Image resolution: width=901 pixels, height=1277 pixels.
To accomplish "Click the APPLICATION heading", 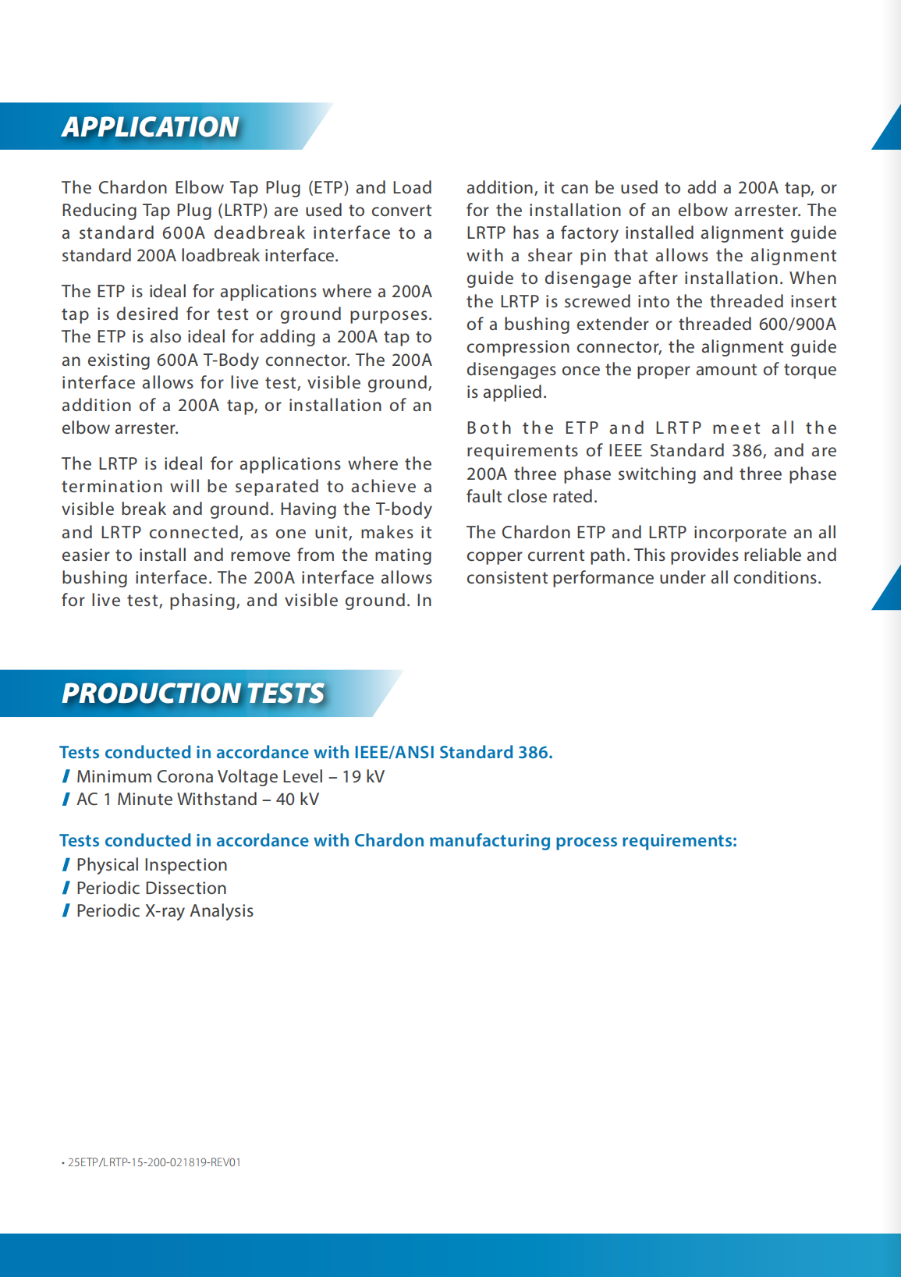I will click(150, 126).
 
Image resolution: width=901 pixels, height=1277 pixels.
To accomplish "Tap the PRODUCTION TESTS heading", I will click(193, 693).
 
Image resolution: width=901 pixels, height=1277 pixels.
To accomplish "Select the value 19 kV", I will click(363, 776).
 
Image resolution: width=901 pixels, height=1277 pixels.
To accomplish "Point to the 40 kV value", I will click(297, 799).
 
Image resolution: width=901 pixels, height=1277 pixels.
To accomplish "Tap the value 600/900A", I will click(797, 324).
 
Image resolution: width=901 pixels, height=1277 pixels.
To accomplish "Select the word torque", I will click(811, 369).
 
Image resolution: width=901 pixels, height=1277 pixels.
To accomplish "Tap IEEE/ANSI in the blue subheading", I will click(394, 752).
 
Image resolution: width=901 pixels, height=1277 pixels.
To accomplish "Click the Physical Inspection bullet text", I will click(151, 864).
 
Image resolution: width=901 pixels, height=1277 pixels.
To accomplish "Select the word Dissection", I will click(190, 888).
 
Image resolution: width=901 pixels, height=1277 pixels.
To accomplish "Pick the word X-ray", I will click(165, 910).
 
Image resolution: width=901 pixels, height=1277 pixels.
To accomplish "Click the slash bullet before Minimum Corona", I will click(66, 776).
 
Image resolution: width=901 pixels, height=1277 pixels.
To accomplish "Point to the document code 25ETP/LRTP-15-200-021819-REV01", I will click(154, 1162).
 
